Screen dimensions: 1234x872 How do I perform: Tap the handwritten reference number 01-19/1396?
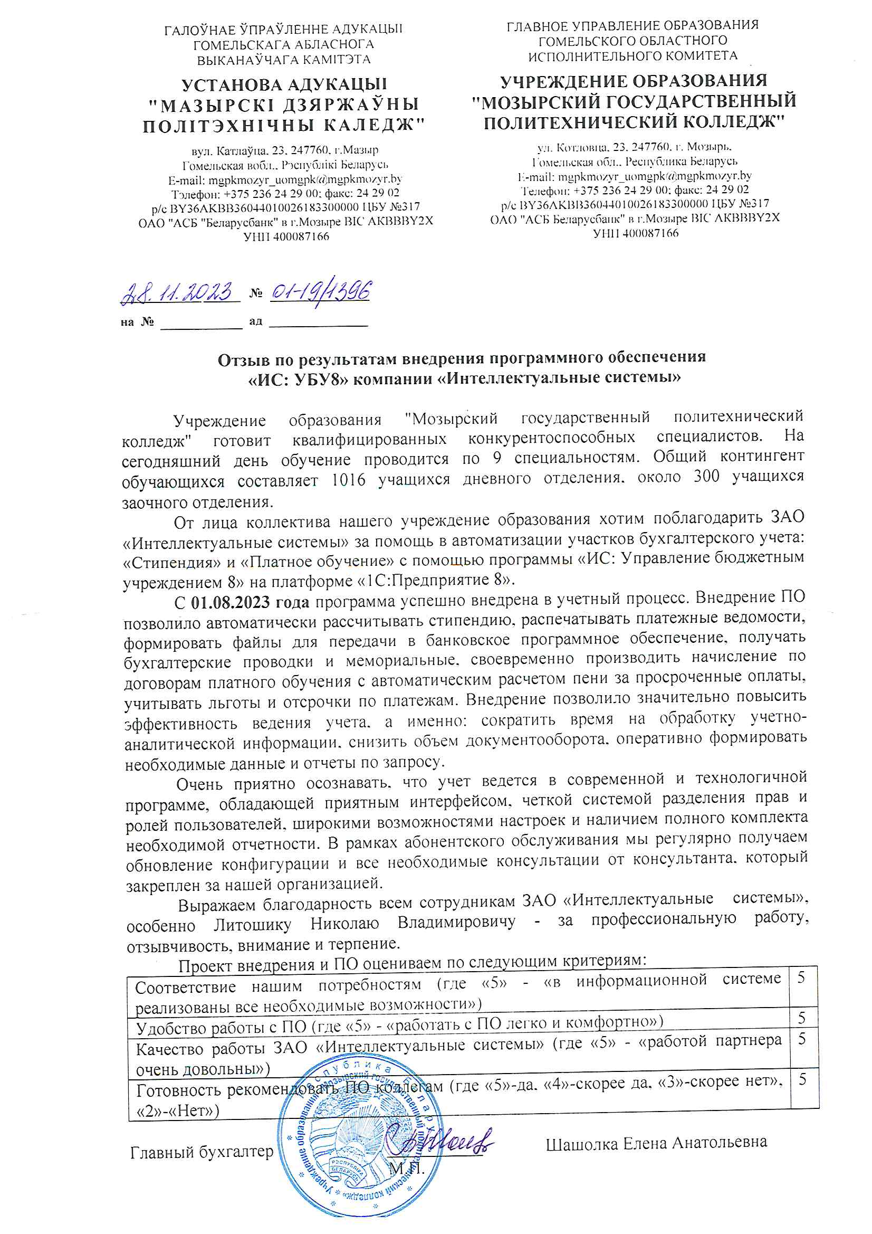320,292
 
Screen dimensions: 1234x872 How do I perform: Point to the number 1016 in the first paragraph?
348,479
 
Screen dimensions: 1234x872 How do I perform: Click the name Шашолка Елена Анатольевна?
656,1143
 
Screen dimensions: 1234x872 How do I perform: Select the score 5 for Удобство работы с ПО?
802,1018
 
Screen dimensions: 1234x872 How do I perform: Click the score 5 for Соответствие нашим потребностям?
801,977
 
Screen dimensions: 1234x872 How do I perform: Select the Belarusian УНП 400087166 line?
286,236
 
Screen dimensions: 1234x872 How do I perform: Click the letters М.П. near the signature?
406,1169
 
